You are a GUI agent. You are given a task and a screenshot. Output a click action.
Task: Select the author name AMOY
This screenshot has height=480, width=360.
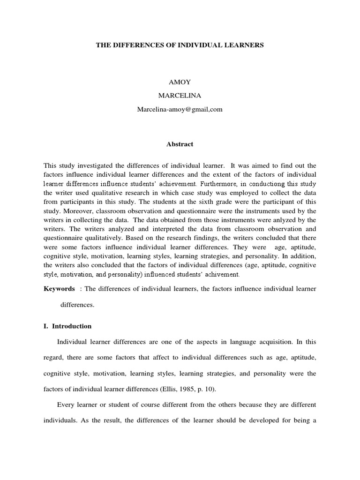point(180,82)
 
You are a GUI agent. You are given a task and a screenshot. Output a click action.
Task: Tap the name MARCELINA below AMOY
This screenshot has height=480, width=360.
point(180,96)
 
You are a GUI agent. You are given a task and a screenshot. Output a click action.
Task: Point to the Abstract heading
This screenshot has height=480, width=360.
point(180,144)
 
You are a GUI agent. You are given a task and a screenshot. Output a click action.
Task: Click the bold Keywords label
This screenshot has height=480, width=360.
point(59,289)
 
